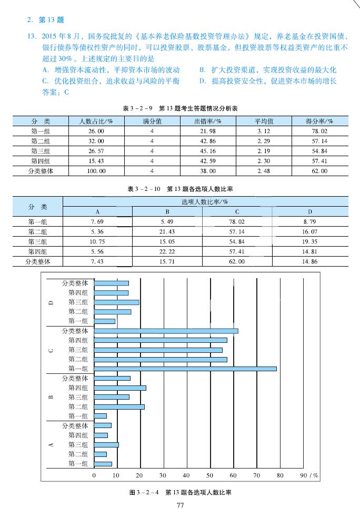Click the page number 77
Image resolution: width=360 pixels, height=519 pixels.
pos(180,505)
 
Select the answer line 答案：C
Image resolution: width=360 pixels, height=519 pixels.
pos(56,93)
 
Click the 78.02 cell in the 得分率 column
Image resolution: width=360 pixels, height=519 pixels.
pos(319,131)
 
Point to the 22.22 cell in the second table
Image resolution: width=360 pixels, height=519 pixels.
pos(167,251)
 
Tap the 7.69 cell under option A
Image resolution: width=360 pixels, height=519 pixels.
pos(97,221)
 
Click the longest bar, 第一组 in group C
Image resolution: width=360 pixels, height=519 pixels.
pos(185,369)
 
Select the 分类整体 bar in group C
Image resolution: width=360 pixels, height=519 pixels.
pos(166,331)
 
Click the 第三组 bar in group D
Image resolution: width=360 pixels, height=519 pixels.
pos(116,302)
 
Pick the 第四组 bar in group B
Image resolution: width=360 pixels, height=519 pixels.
pos(120,388)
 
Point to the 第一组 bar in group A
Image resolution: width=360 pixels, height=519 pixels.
pos(103,464)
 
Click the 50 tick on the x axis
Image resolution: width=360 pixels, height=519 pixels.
pos(210,475)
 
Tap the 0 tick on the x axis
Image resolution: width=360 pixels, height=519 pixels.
pos(94,475)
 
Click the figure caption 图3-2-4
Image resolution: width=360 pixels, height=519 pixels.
pos(180,493)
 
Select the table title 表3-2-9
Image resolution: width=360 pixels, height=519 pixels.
pos(181,108)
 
